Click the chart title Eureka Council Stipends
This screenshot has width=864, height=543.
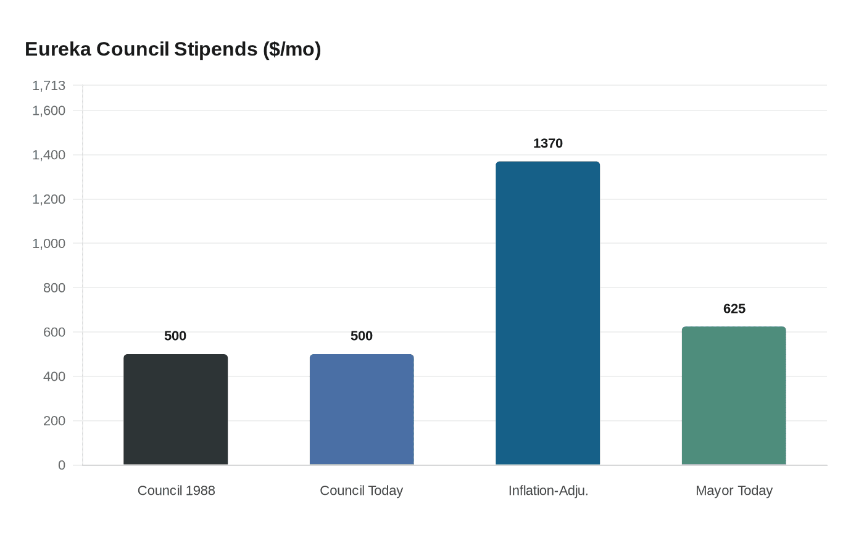(173, 49)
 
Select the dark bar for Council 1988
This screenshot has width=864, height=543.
(176, 410)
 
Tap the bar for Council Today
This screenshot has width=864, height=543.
(362, 410)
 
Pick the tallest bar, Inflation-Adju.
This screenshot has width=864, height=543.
(547, 313)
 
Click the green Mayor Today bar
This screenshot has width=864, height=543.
(734, 396)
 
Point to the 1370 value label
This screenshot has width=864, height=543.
(547, 143)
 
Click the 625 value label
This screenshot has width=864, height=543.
(734, 309)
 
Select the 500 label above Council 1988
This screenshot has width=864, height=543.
(175, 336)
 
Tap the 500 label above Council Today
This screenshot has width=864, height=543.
(362, 336)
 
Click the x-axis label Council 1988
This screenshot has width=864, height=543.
(176, 491)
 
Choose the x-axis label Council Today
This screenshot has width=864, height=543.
(362, 491)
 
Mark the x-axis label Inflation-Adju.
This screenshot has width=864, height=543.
(548, 491)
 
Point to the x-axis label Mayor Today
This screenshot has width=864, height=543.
(734, 491)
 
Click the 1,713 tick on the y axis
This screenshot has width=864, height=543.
(49, 86)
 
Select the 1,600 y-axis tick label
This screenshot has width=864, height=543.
(49, 110)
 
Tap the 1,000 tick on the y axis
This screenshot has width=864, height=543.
(49, 244)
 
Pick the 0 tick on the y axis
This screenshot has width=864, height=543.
(62, 465)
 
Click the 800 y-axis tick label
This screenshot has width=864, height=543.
(54, 288)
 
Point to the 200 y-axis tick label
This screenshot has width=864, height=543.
(54, 421)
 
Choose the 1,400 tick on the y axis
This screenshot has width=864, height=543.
(49, 155)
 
